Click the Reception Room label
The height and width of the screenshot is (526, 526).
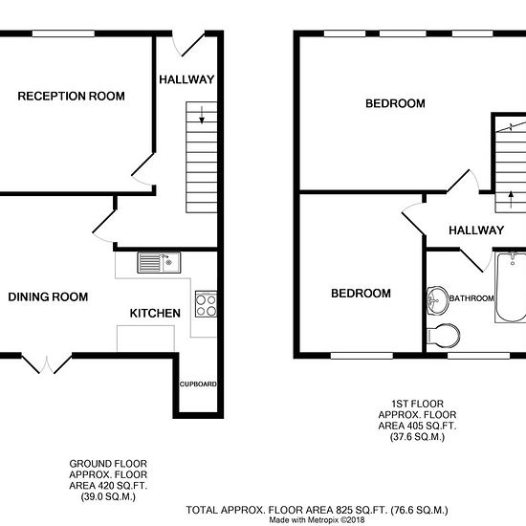coord(71,97)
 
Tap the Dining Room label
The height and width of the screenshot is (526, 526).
coord(48,296)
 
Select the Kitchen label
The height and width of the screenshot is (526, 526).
coord(155,314)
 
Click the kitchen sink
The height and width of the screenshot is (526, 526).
coord(159,262)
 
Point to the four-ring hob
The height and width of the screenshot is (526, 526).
coord(206,304)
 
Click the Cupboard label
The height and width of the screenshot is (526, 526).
coord(198,384)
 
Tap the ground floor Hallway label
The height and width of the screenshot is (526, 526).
coord(186,79)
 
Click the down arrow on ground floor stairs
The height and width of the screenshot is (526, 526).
coord(202,115)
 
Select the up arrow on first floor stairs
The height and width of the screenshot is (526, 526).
coord(511,199)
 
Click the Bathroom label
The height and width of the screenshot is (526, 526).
coord(471,298)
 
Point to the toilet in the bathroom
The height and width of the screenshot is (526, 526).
coord(443,335)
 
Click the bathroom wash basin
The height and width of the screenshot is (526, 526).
coord(437,300)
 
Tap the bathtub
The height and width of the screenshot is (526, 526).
coord(511,288)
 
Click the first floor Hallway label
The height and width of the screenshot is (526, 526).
coord(476,230)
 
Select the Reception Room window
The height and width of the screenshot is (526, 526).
coord(63,33)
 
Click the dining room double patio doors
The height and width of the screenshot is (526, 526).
coord(47,363)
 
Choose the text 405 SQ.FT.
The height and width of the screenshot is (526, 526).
coord(431,426)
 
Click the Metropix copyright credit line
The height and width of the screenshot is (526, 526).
coord(317,520)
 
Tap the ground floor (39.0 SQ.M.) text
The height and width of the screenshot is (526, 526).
coord(108,496)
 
